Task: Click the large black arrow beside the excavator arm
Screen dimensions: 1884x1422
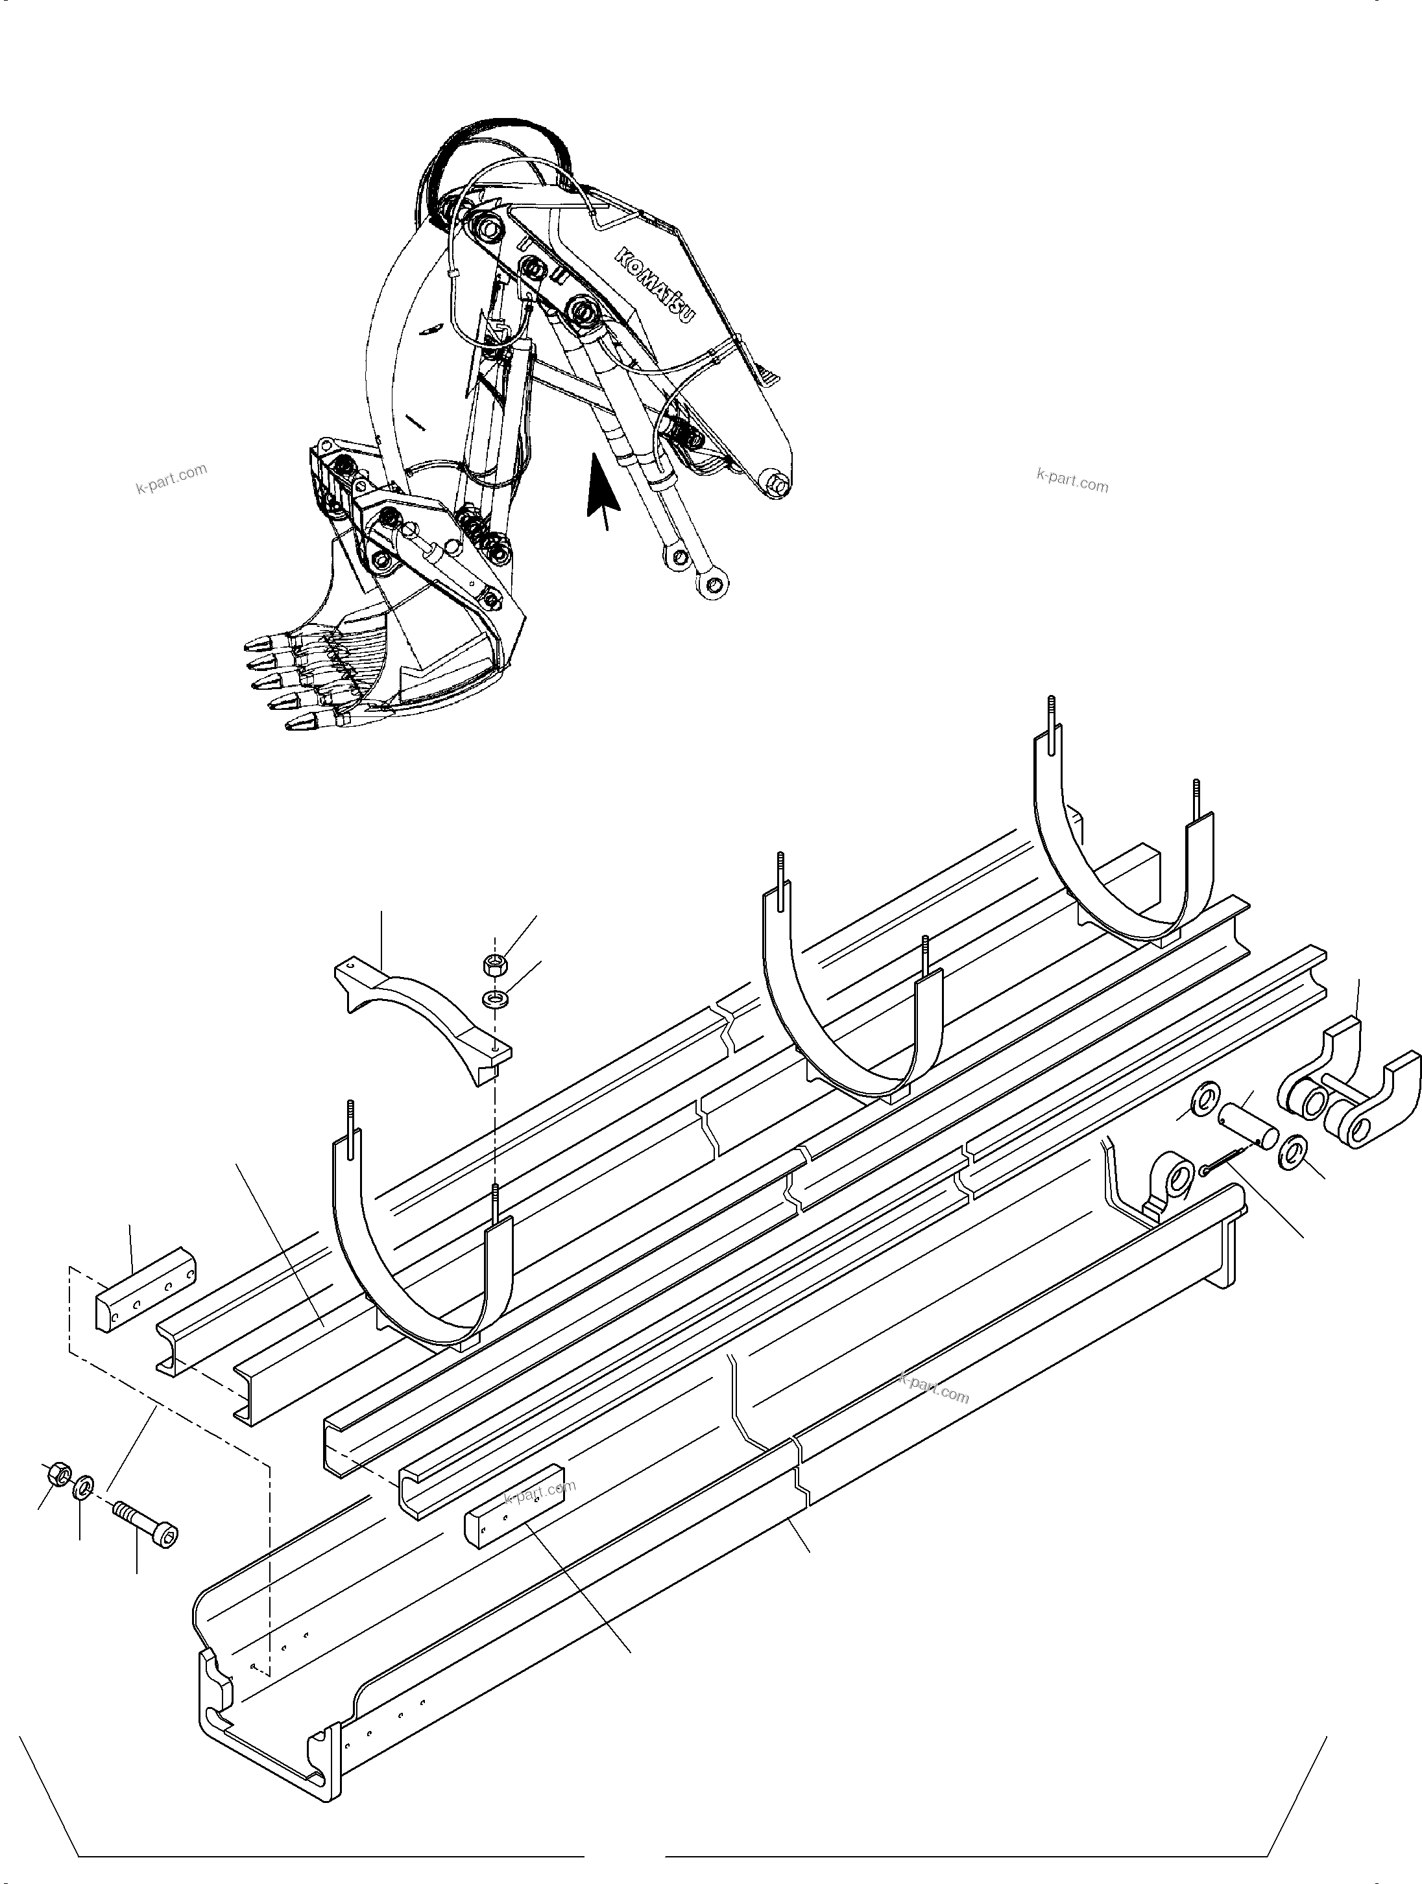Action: click(603, 489)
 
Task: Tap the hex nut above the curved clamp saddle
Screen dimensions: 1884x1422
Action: click(492, 964)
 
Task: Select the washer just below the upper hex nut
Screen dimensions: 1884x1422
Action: click(492, 998)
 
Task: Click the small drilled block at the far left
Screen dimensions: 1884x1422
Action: click(145, 1290)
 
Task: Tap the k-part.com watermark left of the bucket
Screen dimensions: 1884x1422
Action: click(171, 480)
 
